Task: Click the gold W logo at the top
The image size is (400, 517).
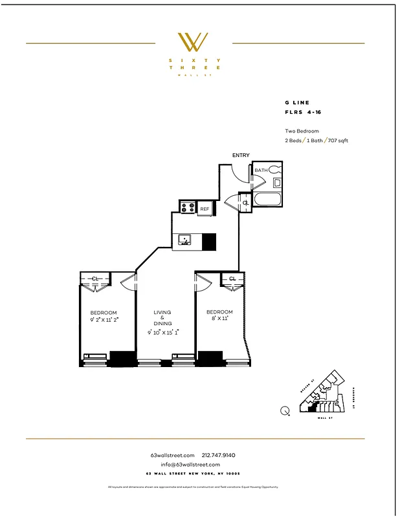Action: tap(193, 43)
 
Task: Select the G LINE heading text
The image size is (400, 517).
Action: tap(297, 102)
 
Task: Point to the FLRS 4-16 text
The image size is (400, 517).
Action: tap(303, 112)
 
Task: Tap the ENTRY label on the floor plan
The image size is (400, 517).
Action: tap(241, 155)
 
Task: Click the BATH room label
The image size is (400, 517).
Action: tap(260, 171)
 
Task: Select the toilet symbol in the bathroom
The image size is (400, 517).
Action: tap(274, 171)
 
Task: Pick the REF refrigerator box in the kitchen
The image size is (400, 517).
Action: tap(204, 209)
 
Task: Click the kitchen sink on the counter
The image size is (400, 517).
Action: tap(185, 240)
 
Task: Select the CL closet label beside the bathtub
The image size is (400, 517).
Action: tap(245, 203)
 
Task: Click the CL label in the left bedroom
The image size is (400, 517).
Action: tap(95, 279)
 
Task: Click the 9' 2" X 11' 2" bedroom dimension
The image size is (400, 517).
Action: tap(104, 319)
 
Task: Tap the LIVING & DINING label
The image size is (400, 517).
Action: tap(162, 318)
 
